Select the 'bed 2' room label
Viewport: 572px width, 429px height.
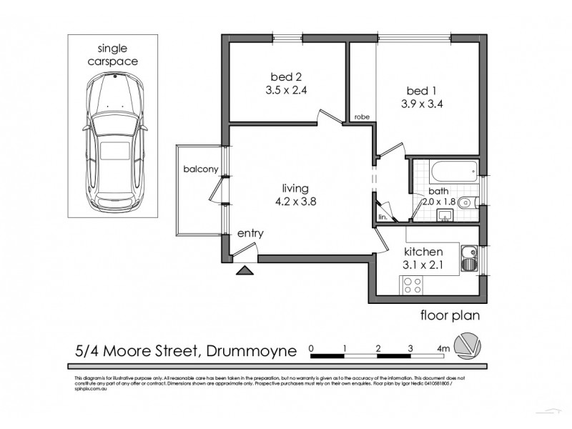coord(284,77)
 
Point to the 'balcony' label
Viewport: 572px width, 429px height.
coord(199,169)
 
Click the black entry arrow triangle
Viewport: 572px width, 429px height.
coord(244,270)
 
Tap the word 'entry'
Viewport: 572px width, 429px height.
coord(250,233)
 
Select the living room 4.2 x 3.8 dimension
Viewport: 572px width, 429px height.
coord(295,201)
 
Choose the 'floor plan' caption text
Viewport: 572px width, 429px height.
coord(449,315)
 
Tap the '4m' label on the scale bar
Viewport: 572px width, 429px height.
coord(443,349)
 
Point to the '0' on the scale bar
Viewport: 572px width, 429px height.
coord(312,348)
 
